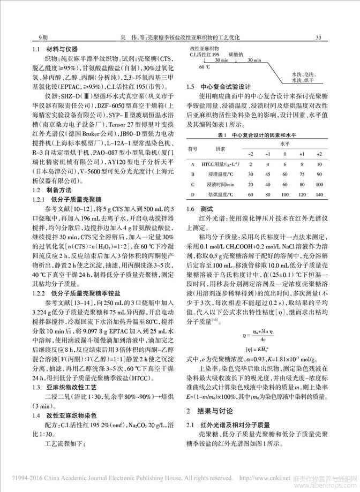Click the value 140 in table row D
point(319,194)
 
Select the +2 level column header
point(319,154)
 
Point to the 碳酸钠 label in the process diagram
point(237,54)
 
